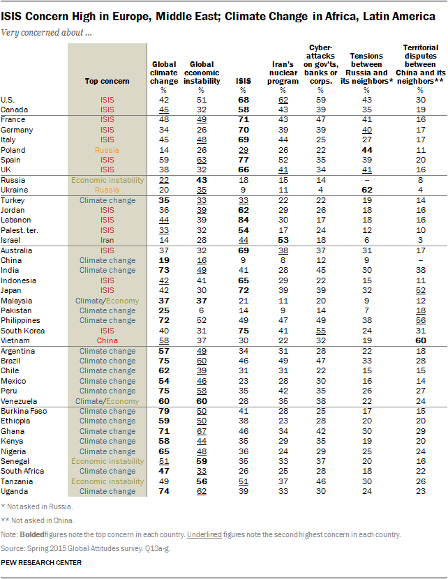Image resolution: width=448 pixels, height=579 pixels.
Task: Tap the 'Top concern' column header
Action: coord(107,81)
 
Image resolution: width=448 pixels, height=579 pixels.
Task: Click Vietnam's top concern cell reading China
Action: coord(107,340)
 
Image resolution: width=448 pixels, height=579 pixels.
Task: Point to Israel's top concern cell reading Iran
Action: coord(107,239)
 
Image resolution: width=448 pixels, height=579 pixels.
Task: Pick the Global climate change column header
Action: coord(164,72)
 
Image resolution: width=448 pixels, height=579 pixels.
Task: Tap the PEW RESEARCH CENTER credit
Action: coord(41,562)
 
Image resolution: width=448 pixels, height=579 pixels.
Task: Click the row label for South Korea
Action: coord(22,330)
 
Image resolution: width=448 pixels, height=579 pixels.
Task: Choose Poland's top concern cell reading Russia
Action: coord(107,150)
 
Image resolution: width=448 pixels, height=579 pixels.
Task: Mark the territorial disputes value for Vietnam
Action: coord(421,340)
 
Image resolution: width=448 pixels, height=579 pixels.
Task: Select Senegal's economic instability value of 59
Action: coord(201,462)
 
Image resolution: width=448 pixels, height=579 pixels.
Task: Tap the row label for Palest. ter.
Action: coord(22,230)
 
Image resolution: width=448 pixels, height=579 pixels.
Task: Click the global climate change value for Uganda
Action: coord(164,492)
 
